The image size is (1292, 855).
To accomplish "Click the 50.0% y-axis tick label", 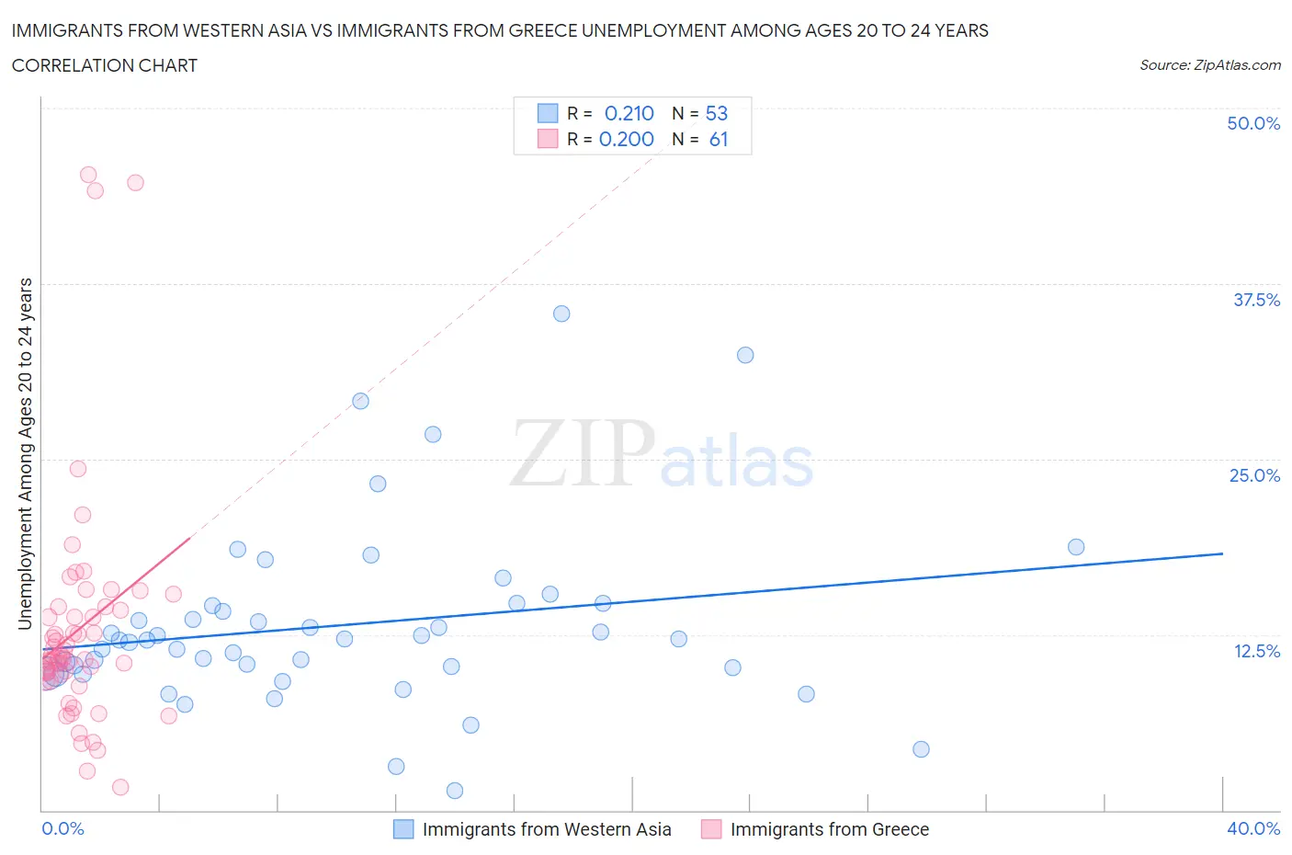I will pyautogui.click(x=1252, y=123).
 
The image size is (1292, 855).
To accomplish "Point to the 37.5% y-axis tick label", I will pyautogui.click(x=1255, y=300).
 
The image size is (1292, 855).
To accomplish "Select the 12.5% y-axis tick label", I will pyautogui.click(x=1255, y=651).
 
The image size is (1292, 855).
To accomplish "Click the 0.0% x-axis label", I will pyautogui.click(x=62, y=828).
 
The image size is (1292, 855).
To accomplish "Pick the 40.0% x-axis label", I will pyautogui.click(x=1252, y=828).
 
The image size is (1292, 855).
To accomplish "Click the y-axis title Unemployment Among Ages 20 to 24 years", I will pyautogui.click(x=25, y=453).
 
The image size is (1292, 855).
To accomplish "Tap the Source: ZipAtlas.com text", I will pyautogui.click(x=1209, y=65).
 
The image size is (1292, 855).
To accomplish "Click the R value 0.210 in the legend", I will pyautogui.click(x=629, y=113).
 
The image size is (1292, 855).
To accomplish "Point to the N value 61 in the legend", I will pyautogui.click(x=718, y=139).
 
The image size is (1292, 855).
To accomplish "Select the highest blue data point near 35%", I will pyautogui.click(x=561, y=313).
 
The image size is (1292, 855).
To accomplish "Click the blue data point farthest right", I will pyautogui.click(x=1076, y=547).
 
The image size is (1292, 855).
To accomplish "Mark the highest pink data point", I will pyautogui.click(x=88, y=175).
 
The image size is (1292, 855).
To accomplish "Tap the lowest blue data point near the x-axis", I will pyautogui.click(x=454, y=791).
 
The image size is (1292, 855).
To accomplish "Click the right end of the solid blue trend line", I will pyautogui.click(x=1222, y=553).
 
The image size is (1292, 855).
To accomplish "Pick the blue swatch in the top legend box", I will pyautogui.click(x=548, y=113).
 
